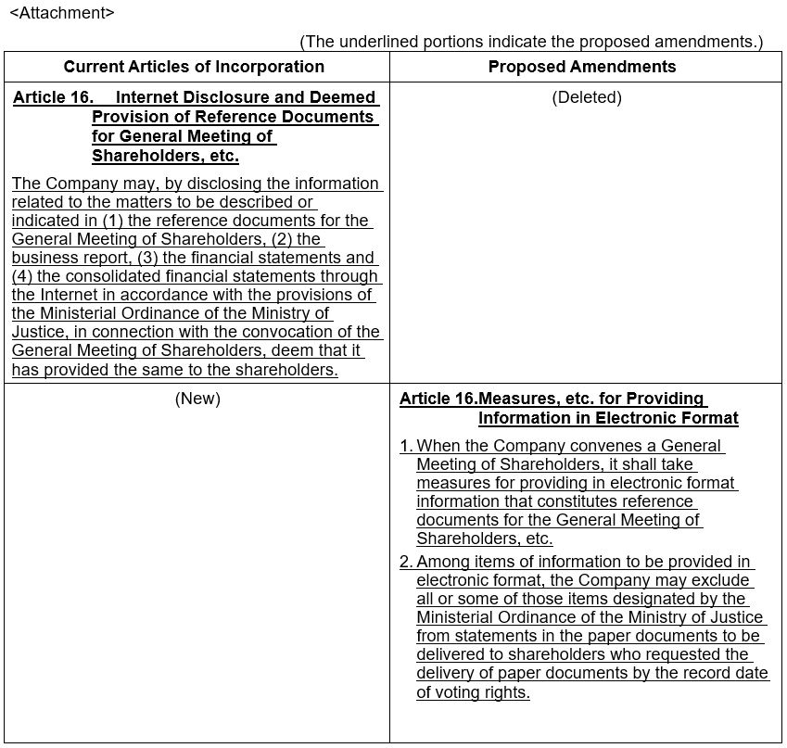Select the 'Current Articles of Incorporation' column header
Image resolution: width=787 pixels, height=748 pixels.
pyautogui.click(x=194, y=67)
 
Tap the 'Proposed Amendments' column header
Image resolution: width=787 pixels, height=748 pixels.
pyautogui.click(x=582, y=67)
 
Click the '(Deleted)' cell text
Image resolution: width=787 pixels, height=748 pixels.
pyautogui.click(x=587, y=97)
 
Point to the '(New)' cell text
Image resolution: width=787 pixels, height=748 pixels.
pyautogui.click(x=197, y=399)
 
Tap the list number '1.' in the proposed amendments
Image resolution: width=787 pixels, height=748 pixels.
pyautogui.click(x=406, y=447)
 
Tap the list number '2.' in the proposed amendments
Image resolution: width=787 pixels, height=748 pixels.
pyautogui.click(x=406, y=562)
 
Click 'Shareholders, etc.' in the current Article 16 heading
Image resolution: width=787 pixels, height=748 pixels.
pyautogui.click(x=165, y=156)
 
